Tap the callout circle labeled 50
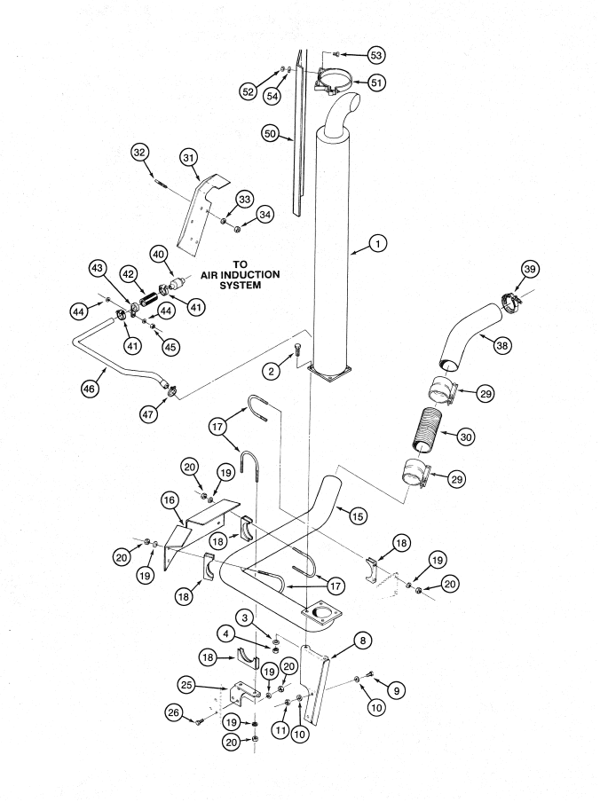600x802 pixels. (x=271, y=134)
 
